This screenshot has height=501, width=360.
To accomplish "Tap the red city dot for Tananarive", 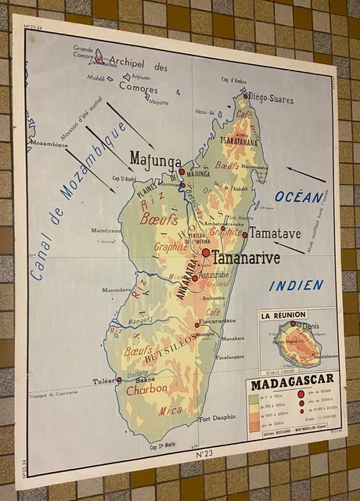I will click(x=206, y=253).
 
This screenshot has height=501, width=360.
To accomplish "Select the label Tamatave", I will click(x=275, y=233).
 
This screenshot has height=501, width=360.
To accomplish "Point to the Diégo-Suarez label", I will click(x=272, y=99).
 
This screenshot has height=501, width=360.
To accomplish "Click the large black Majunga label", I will click(x=156, y=160).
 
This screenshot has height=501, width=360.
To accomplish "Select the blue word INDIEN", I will click(x=297, y=286).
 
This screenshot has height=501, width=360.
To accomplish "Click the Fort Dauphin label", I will click(x=216, y=419).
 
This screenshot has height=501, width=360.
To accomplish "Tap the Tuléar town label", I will click(x=104, y=382).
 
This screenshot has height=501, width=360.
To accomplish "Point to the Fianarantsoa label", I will click(x=217, y=321).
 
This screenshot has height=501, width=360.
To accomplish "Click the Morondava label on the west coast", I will click(x=117, y=289).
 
